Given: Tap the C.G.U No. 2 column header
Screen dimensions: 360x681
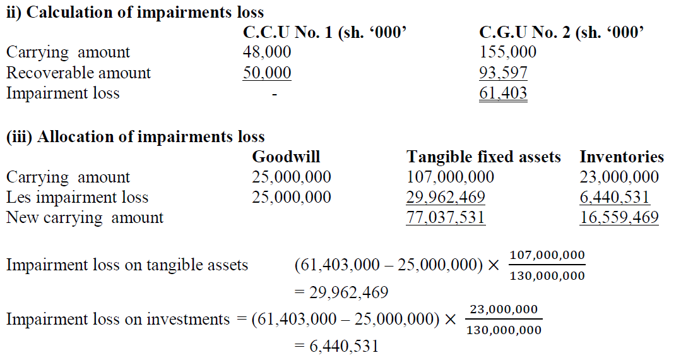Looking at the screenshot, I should pos(561,32).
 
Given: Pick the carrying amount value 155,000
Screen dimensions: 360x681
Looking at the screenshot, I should pos(508,52).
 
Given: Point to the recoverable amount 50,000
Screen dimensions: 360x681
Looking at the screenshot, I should pos(267,73).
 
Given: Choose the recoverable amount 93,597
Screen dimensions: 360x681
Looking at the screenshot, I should pos(503,73).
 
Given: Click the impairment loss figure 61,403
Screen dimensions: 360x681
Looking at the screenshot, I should pos(503,93).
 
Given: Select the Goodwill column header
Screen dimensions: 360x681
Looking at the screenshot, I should pos(286,157).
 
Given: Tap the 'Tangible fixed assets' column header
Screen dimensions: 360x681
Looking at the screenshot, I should pos(483,157).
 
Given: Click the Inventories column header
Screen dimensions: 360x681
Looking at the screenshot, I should pos(622,157).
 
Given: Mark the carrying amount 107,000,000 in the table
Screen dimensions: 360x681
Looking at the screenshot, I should pos(451,177).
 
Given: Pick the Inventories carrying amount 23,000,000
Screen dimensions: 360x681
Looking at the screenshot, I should pos(619,177).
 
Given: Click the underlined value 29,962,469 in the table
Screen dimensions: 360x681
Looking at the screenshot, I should pos(446,198).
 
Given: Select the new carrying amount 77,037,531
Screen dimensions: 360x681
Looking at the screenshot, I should pos(446,218).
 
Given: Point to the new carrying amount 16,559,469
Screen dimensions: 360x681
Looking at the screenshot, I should pos(619,218).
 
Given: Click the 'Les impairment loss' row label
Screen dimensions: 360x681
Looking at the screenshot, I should pos(77,198).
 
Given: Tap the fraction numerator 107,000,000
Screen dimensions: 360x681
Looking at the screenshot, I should pos(547,255).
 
